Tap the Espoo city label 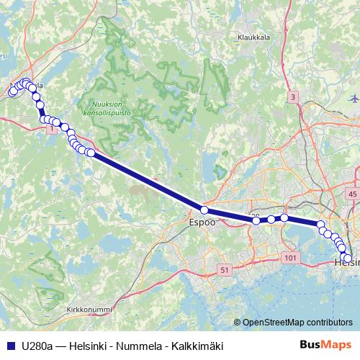[202, 223]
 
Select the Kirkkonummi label [89, 310]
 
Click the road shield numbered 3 [293, 96]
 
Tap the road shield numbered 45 [351, 194]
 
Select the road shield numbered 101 [291, 258]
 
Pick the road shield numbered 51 [225, 270]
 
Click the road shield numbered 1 [51, 129]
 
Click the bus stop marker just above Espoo [204, 210]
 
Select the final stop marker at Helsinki [348, 258]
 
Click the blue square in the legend [11, 346]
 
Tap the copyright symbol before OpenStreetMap [238, 322]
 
